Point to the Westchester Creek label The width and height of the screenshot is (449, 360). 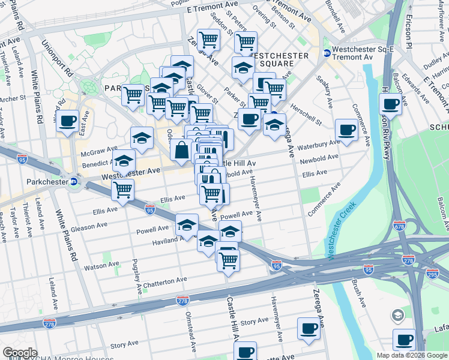point(342,230)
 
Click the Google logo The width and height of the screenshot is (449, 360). point(20,353)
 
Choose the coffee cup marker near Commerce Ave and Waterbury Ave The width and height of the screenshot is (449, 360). point(346,130)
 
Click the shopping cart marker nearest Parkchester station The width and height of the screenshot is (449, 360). point(122,190)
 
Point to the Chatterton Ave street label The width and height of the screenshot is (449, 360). point(166,281)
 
